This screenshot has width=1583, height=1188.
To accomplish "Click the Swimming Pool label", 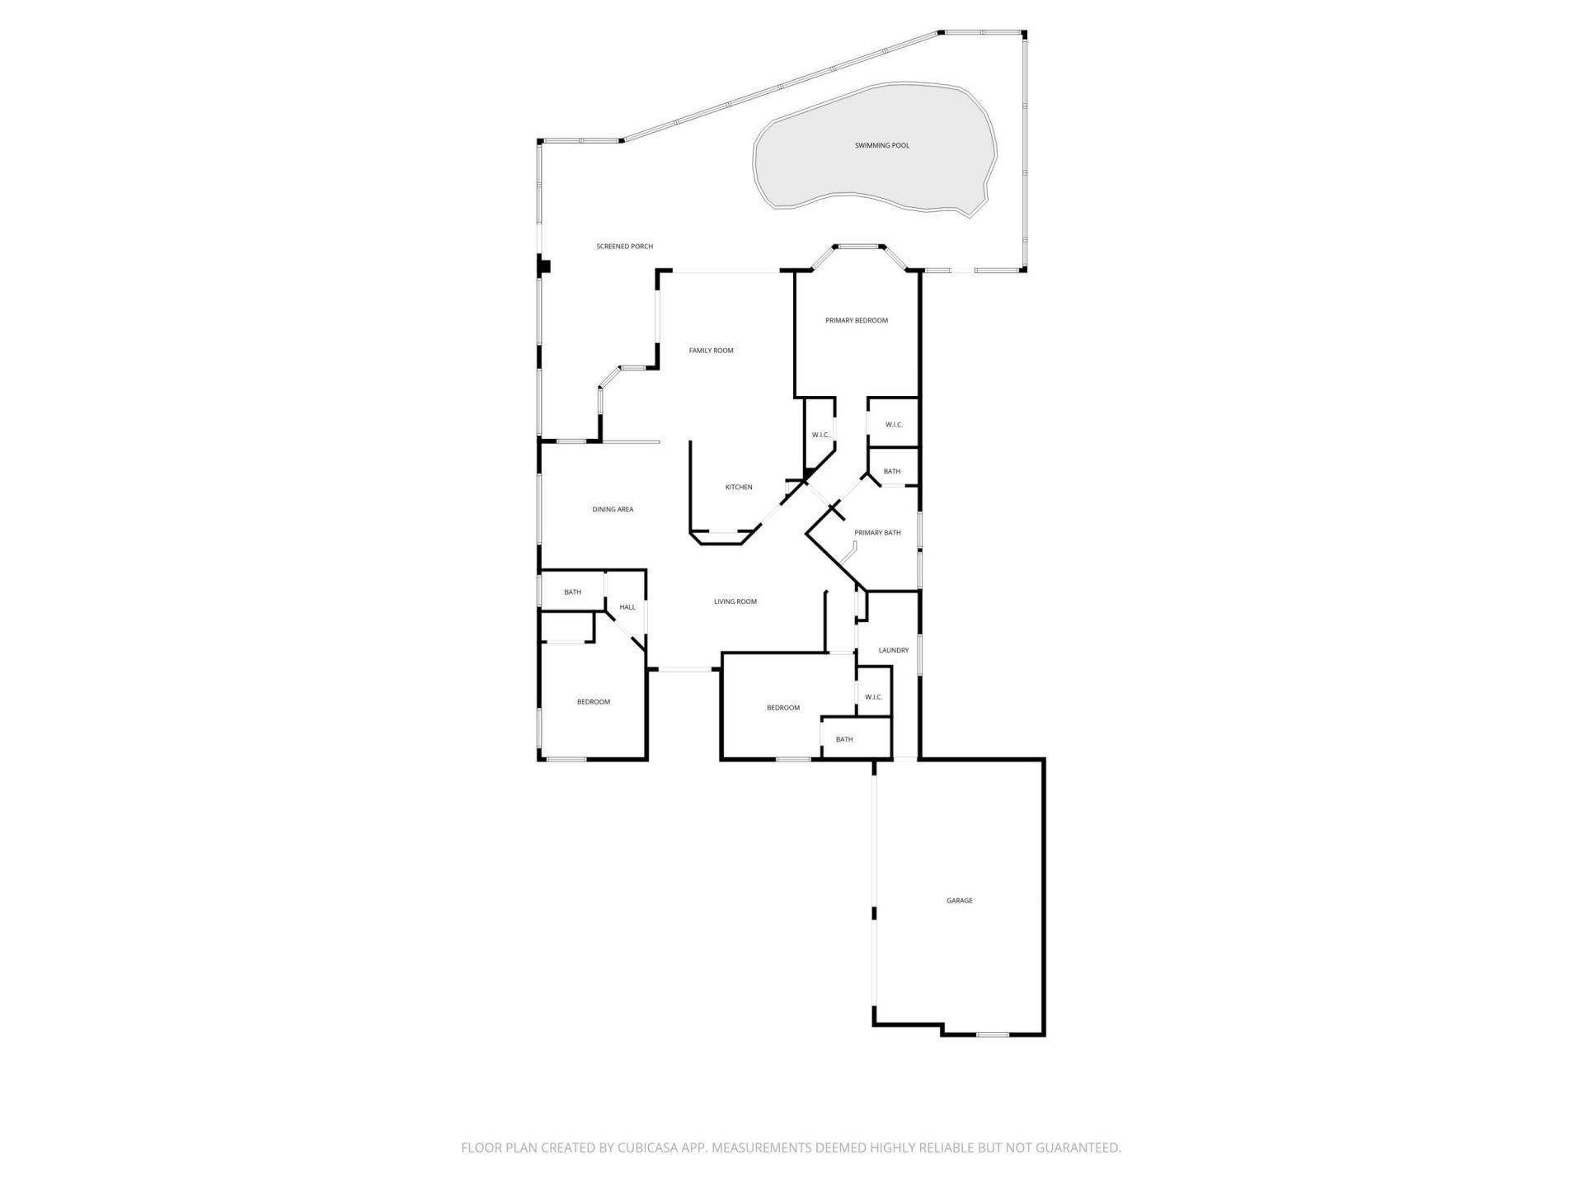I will click(881, 145).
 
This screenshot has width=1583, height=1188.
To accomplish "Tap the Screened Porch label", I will click(624, 246).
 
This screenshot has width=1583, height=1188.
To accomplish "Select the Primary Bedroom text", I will click(857, 320).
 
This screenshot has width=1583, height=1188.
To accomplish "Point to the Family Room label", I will click(711, 351).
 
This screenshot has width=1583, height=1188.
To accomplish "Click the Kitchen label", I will click(738, 487).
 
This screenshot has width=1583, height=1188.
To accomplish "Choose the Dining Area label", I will click(613, 509).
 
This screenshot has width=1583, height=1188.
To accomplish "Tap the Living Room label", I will click(735, 601).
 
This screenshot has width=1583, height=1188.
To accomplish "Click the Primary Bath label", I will click(877, 533).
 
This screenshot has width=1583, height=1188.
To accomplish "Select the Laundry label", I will click(893, 650).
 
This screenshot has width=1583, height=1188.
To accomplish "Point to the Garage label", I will click(959, 900).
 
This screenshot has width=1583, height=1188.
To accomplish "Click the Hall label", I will click(627, 607).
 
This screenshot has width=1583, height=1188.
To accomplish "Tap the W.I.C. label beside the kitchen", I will click(820, 435).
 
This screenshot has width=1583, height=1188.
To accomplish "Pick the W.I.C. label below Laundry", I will click(873, 697).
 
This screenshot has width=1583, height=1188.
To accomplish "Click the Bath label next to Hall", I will click(572, 592).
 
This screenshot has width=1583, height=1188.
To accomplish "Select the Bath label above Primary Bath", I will click(892, 471).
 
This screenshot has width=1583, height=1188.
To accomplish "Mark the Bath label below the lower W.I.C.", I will click(844, 739).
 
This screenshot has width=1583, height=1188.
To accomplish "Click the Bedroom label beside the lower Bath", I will click(782, 708).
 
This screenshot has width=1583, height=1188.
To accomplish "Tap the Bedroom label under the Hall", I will click(593, 702).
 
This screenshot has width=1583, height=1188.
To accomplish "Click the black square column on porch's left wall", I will click(544, 266).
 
